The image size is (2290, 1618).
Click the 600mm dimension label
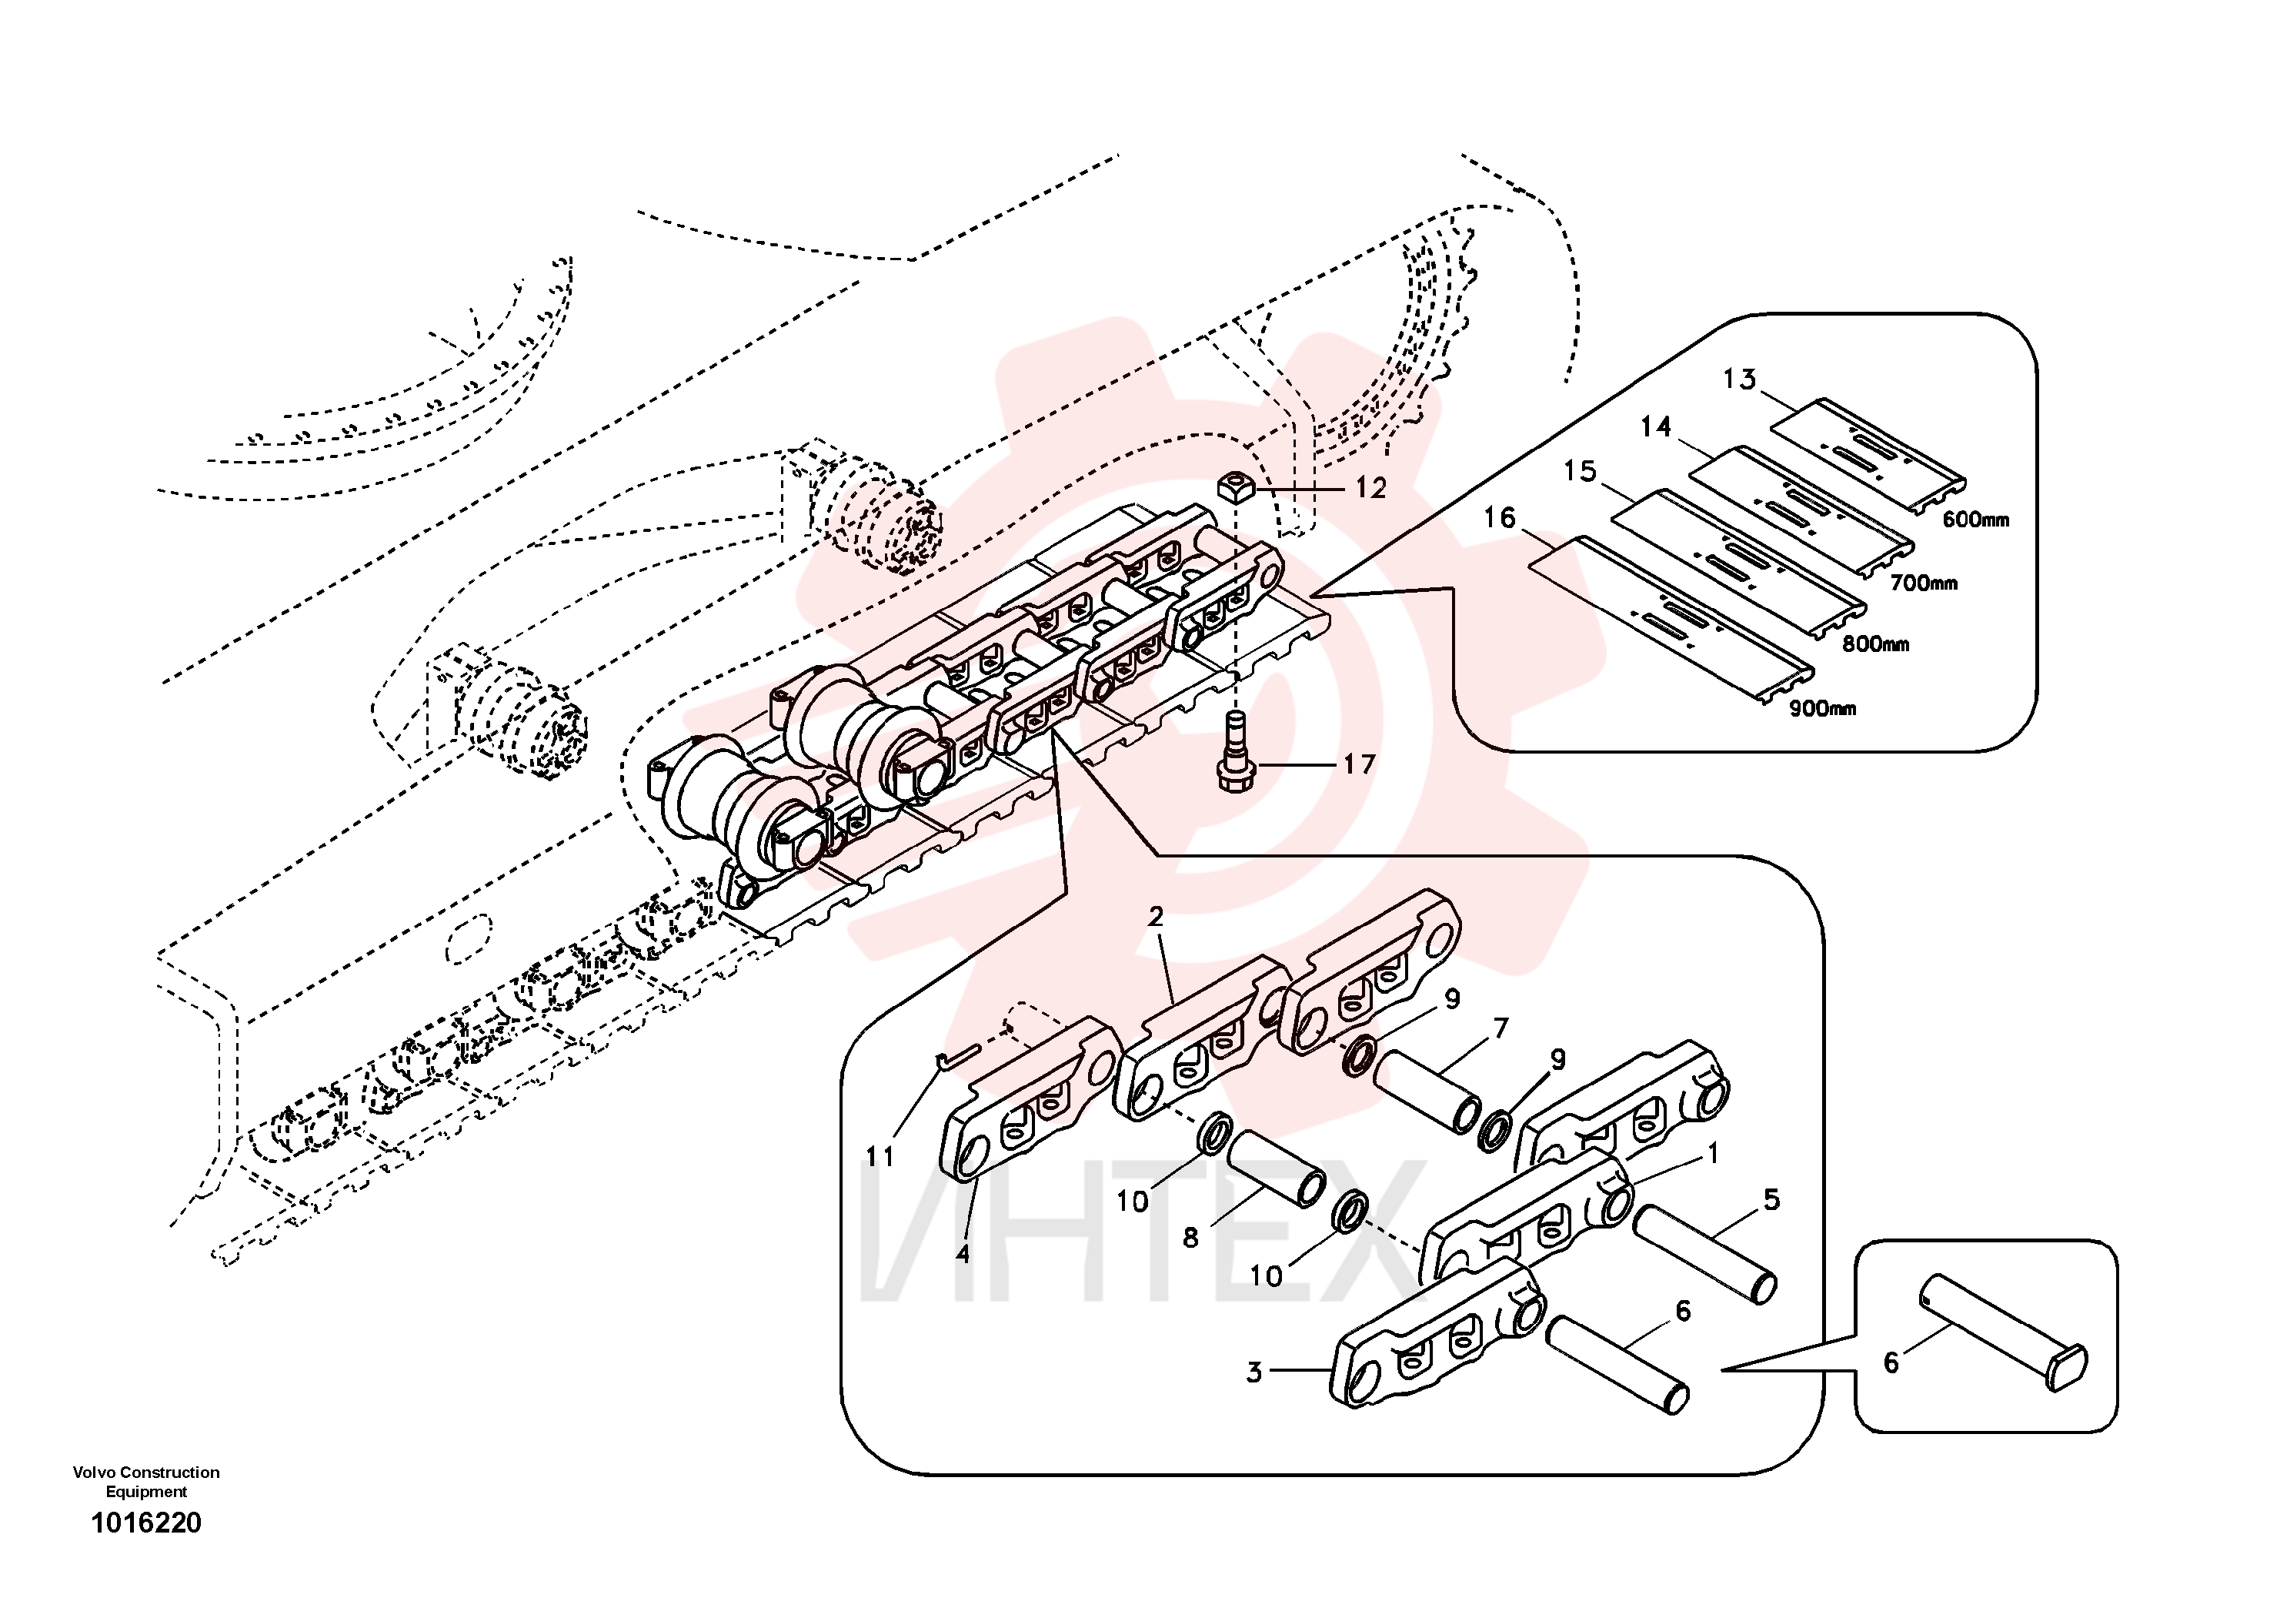(x=1976, y=520)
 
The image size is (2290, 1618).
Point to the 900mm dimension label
(x=1822, y=709)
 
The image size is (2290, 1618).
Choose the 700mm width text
(x=1924, y=583)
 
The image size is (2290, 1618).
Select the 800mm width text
(x=1875, y=644)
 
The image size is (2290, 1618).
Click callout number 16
(x=1499, y=518)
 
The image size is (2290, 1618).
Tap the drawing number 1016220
(x=147, y=1523)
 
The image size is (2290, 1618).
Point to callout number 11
(x=880, y=1157)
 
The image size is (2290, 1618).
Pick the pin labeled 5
(x=1704, y=1254)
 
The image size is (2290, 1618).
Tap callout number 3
(x=1253, y=1372)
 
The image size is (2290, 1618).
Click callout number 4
(x=963, y=1254)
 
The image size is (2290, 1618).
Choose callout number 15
(x=1580, y=471)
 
